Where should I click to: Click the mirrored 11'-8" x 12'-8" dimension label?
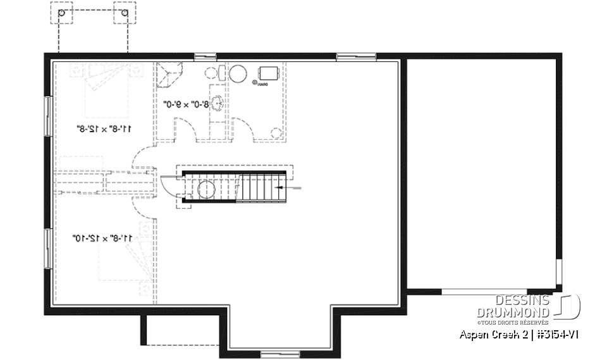pos(102,130)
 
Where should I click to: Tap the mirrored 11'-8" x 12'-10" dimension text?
pos(102,238)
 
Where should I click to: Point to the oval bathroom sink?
pos(217,102)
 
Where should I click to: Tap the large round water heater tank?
pos(238,74)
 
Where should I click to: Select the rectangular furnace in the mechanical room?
pos(268,73)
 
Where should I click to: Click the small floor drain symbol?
pos(254,83)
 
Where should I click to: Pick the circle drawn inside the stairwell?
pos(207,189)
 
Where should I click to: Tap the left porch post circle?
pos(61,13)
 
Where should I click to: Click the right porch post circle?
pos(124,13)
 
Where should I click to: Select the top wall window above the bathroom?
pos(205,57)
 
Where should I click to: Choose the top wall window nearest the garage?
pos(347,57)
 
